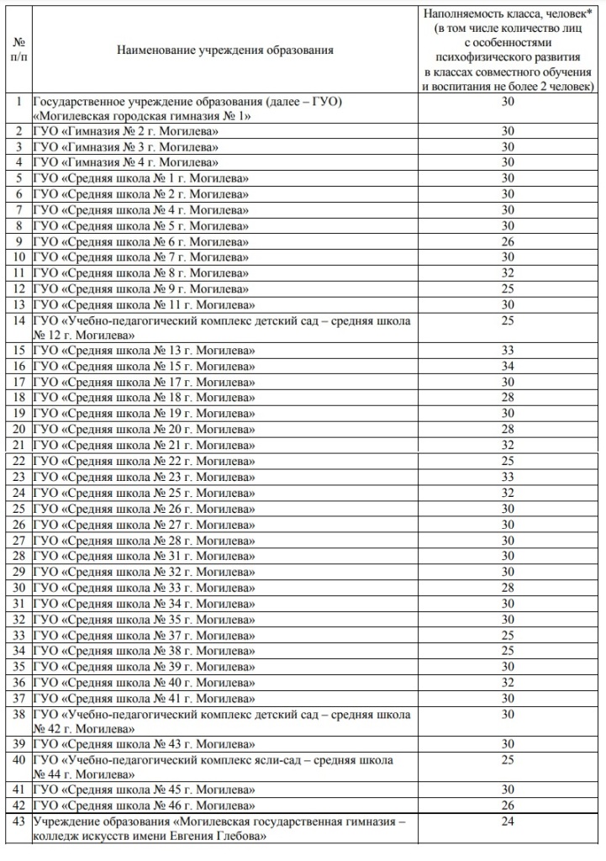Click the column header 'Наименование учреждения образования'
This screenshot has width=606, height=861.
224,50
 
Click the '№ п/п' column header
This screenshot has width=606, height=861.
18,50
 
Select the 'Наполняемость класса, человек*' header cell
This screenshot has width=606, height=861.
508,50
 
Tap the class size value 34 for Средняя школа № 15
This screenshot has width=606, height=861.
508,366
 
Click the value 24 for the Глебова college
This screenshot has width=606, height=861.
508,821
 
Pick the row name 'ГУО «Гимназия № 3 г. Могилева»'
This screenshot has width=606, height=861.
126,146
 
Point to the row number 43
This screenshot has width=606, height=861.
18,821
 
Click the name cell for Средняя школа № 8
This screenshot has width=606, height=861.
141,272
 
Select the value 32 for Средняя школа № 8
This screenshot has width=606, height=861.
508,272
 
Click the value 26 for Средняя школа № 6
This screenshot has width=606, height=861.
508,240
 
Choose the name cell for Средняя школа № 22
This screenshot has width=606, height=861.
144,461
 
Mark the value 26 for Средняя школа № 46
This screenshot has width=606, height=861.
508,806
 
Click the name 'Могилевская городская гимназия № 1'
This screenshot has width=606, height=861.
141,115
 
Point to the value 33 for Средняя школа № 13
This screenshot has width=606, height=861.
508,351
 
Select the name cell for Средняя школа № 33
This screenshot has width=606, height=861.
144,587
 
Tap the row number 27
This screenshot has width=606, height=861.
18,540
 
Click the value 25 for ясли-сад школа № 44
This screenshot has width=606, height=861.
508,760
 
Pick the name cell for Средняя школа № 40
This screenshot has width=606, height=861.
144,682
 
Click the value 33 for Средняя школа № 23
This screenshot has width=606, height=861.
508,477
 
